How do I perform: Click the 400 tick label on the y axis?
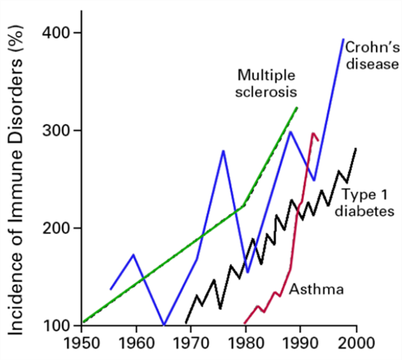click(x=54, y=32)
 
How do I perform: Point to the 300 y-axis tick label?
click(x=54, y=130)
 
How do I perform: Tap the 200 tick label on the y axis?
click(x=54, y=228)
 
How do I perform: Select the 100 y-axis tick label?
click(x=54, y=326)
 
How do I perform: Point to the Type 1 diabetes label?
click(x=368, y=202)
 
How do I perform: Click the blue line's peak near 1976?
click(x=223, y=150)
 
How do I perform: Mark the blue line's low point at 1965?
click(x=164, y=325)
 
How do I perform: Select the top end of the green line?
click(x=297, y=107)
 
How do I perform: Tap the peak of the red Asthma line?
click(x=313, y=134)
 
